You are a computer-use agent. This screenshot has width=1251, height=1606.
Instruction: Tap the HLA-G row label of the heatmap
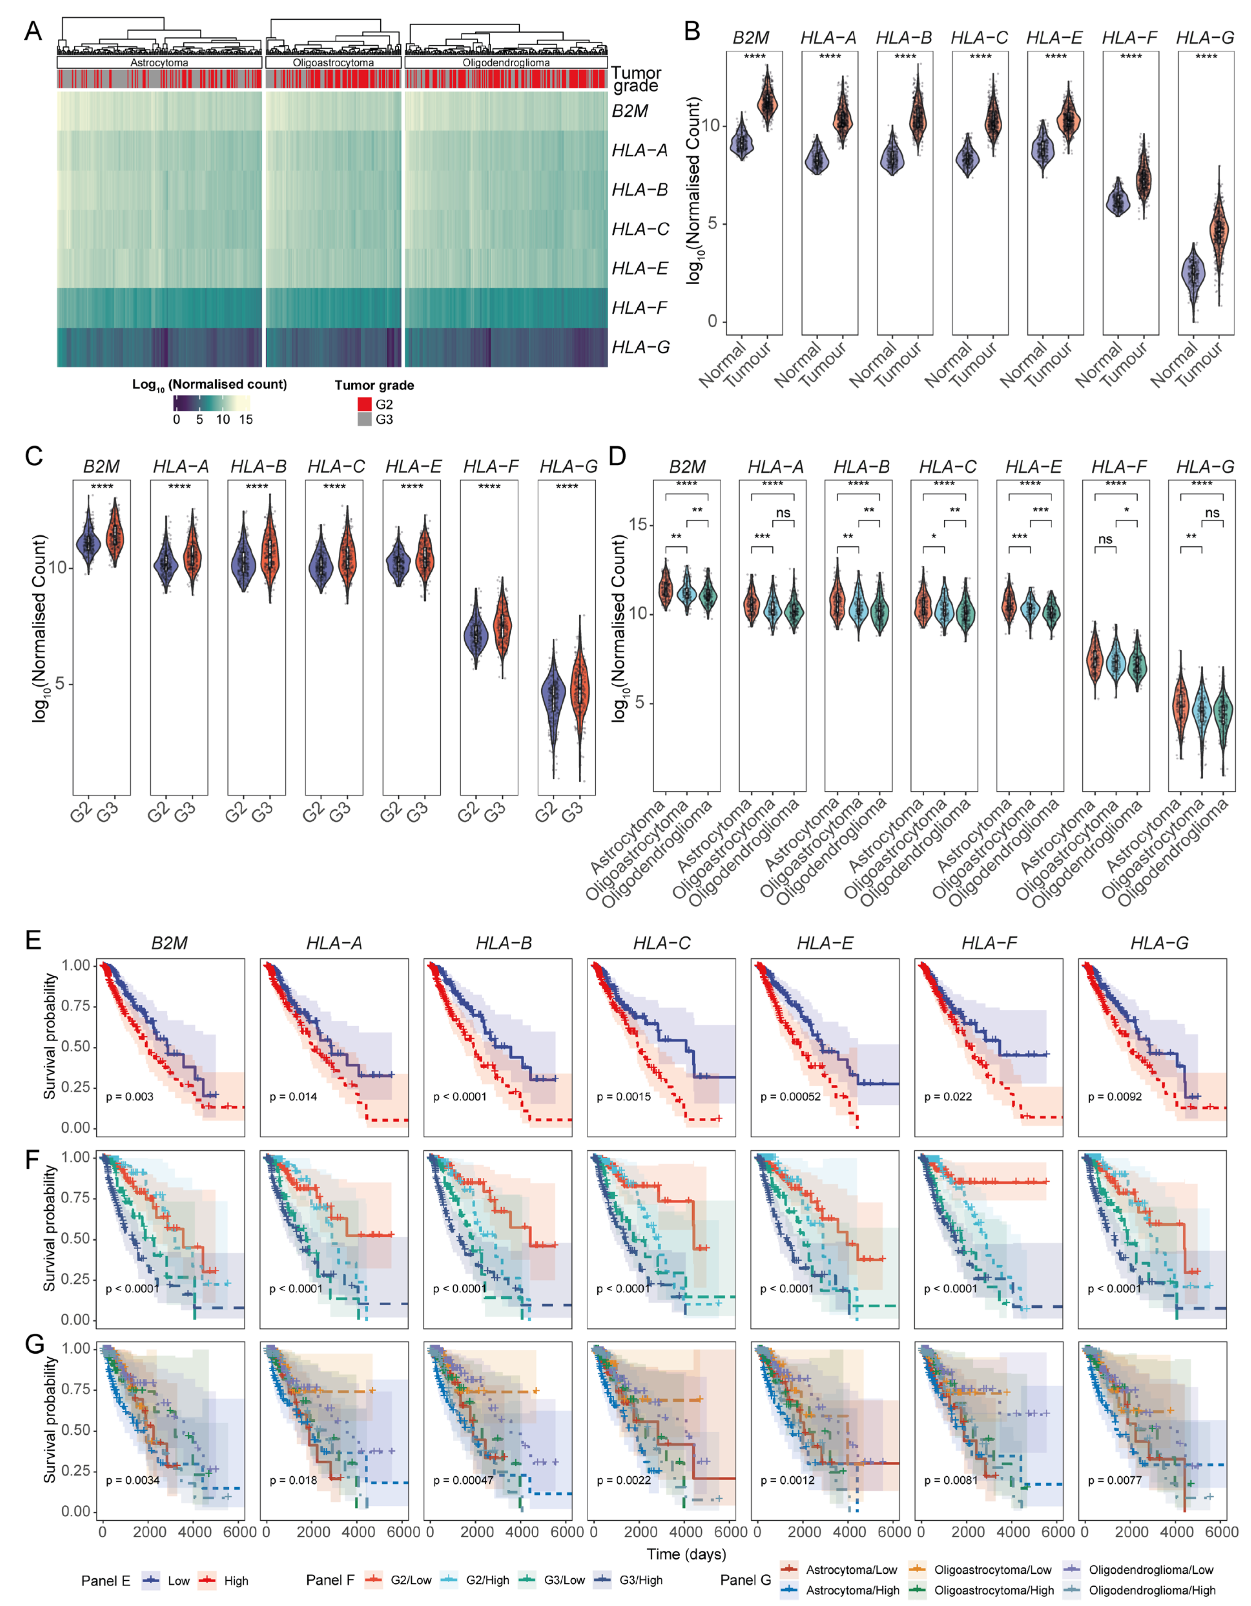[x=640, y=347]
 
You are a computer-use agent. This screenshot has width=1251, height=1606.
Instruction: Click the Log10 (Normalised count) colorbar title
[x=210, y=384]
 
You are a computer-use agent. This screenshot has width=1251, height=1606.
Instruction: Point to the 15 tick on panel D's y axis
[x=638, y=525]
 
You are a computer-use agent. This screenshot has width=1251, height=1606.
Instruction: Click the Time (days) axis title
[x=686, y=1554]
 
